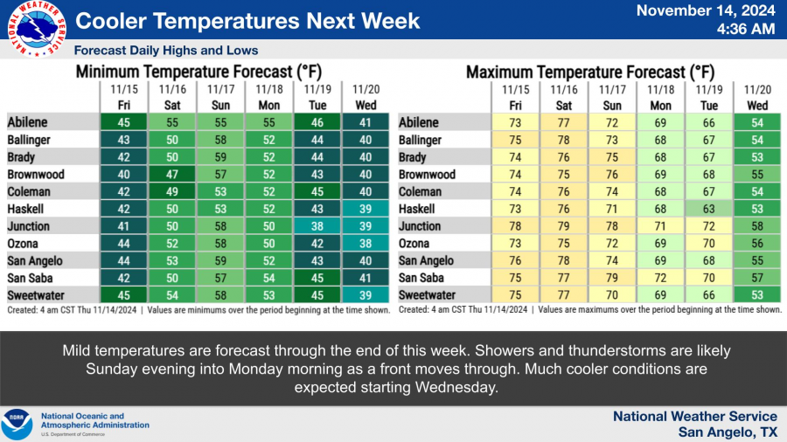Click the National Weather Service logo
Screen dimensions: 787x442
[x=37, y=29]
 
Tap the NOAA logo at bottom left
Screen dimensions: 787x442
[x=17, y=425]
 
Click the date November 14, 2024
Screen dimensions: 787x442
[x=706, y=10]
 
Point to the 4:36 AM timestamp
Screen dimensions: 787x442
[x=746, y=29]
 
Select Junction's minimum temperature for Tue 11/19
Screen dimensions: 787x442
[x=317, y=226]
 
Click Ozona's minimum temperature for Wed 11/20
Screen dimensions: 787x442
[x=366, y=244]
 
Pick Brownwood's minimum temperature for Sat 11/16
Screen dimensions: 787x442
[x=172, y=175]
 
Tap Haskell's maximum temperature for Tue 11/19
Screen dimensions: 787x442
[x=708, y=209]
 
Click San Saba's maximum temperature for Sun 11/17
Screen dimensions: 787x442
[x=612, y=278]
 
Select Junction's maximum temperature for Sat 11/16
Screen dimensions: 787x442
[x=564, y=226]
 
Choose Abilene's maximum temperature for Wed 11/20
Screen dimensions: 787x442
[x=757, y=123]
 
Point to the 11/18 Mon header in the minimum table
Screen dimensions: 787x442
[x=269, y=97]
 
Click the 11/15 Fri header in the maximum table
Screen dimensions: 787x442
[x=515, y=97]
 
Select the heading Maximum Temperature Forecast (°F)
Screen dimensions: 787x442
[x=590, y=73]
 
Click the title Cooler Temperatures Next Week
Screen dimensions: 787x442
[x=247, y=21]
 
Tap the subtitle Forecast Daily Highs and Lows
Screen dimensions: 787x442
[x=166, y=51]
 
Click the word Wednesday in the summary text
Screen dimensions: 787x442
[x=454, y=387]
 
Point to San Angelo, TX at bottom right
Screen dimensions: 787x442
[x=728, y=432]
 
